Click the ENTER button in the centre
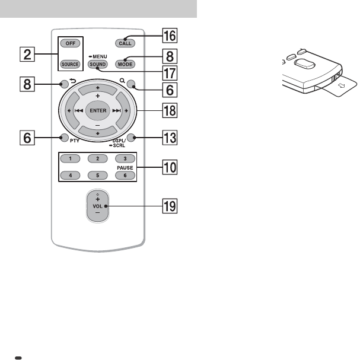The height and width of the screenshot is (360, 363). tap(97, 110)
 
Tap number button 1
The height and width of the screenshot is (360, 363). tap(70, 159)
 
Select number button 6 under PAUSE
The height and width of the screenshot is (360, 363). tap(124, 176)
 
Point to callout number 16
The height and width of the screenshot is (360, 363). tap(170, 36)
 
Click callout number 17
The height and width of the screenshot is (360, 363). tap(170, 74)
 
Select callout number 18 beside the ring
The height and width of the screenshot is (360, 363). tap(170, 110)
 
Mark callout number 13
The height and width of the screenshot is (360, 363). tap(170, 138)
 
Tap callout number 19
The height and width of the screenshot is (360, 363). tap(170, 207)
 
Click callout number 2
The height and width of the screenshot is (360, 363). tap(24, 55)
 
